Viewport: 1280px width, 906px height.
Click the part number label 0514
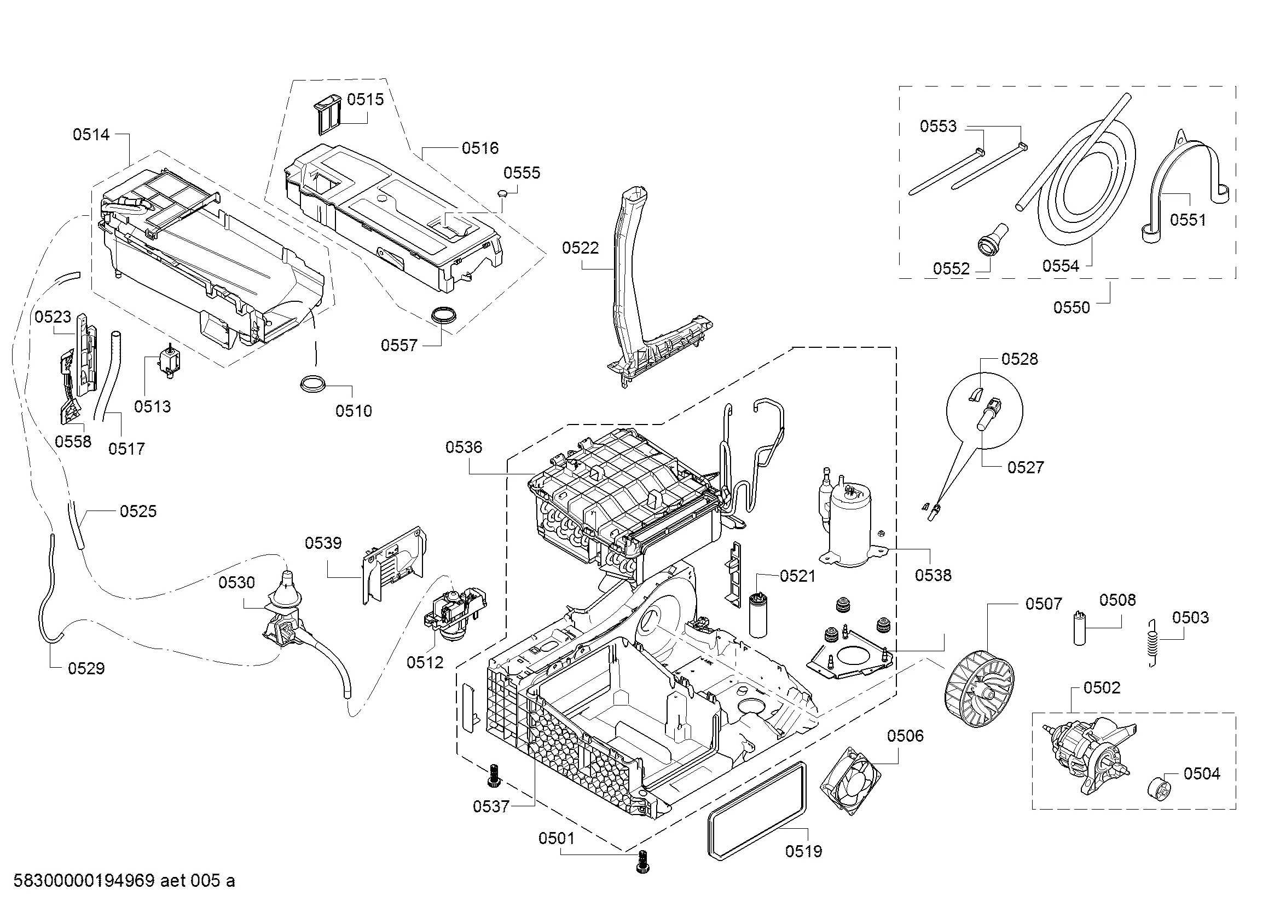[x=91, y=134]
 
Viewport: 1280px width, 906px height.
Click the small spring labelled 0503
[x=1154, y=643]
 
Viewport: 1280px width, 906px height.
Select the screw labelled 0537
[x=493, y=776]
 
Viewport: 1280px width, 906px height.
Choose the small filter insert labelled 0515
[x=329, y=114]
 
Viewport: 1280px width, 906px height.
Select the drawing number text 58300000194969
[x=84, y=881]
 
